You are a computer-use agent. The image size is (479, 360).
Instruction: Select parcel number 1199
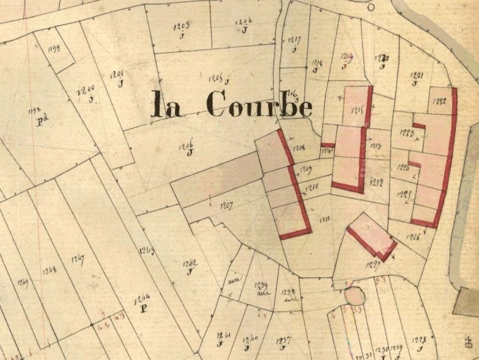53,48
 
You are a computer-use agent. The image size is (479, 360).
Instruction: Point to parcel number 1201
117,75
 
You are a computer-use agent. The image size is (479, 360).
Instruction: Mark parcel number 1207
226,205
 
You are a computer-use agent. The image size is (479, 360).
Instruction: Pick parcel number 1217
295,40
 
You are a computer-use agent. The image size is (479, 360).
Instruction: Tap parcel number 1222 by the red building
440,100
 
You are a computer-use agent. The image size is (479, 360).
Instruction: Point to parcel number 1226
413,237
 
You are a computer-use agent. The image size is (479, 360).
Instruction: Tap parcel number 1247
77,259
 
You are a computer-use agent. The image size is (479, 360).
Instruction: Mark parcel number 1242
189,264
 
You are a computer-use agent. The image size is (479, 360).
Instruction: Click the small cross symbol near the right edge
467,342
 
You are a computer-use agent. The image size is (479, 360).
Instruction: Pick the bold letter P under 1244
143,308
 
